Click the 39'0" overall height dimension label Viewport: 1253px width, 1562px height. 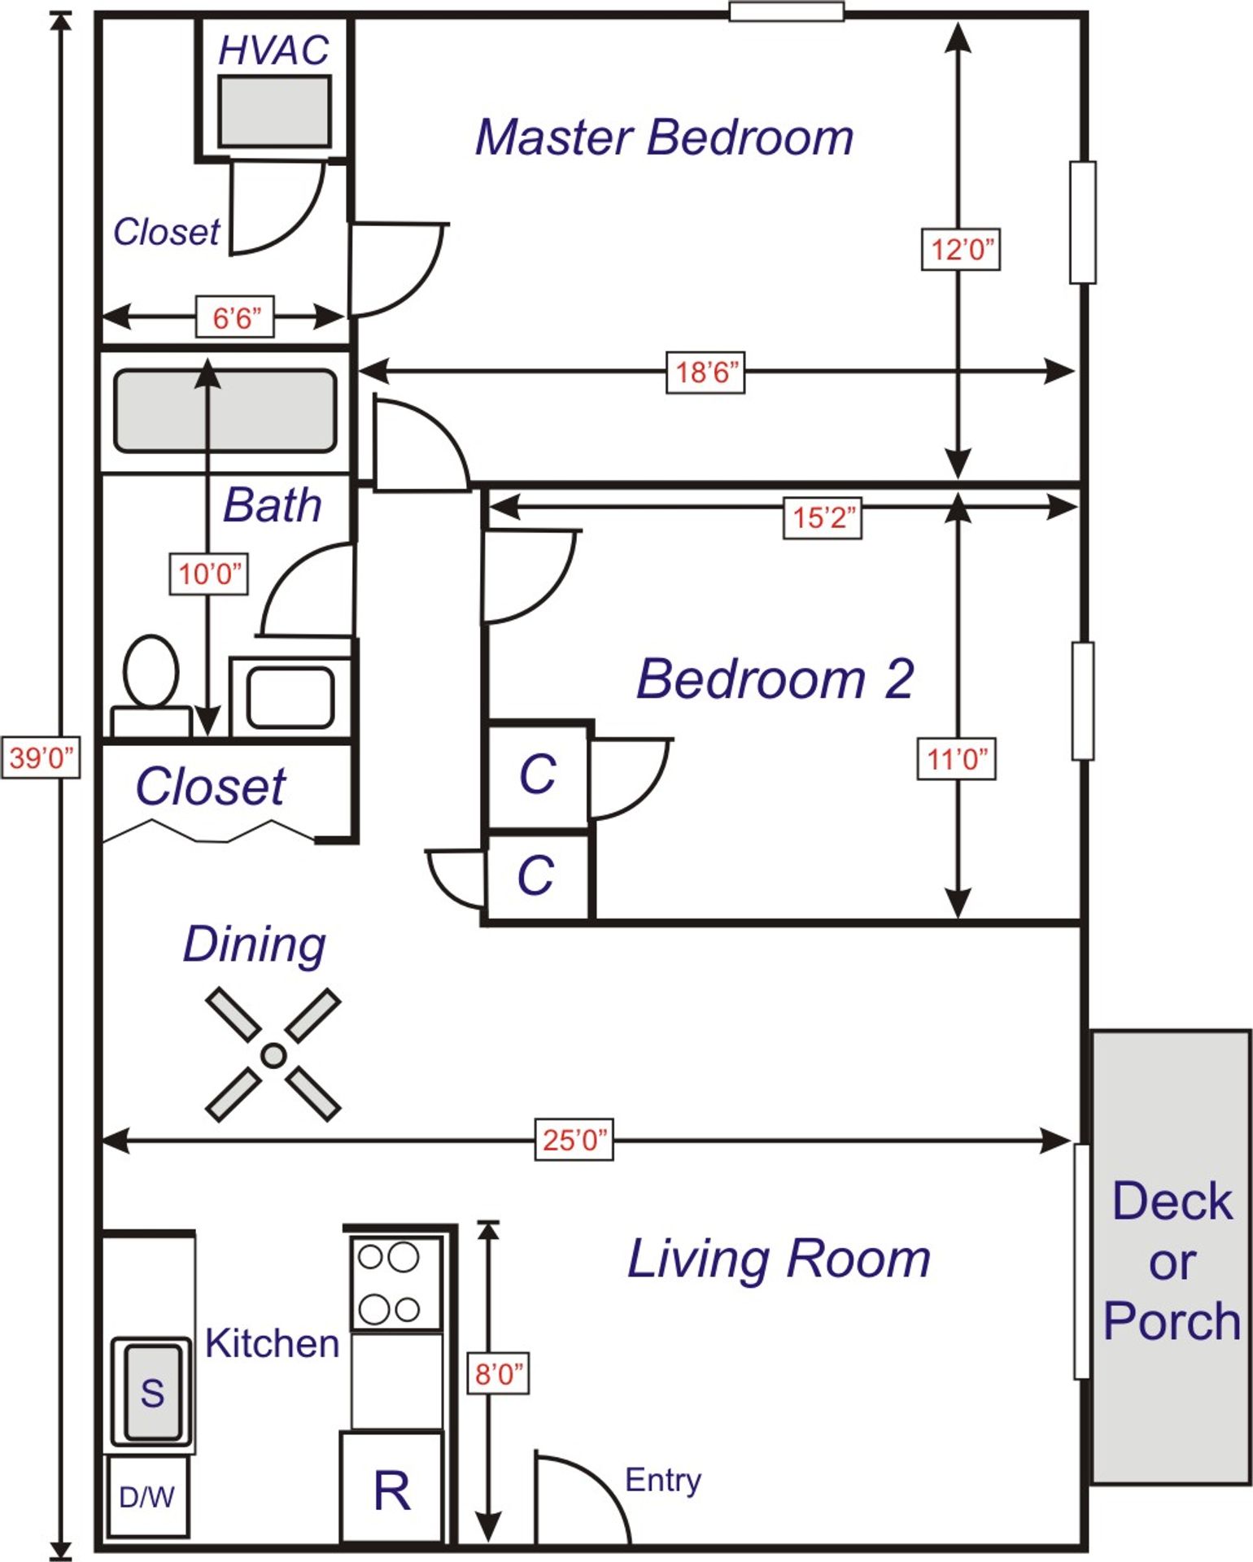pos(41,757)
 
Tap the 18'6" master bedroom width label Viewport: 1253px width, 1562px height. pos(705,373)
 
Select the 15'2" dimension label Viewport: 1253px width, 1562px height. pos(823,517)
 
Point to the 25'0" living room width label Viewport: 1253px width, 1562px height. pos(574,1140)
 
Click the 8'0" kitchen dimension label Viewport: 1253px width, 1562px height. pos(498,1374)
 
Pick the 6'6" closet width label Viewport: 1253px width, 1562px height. pos(235,317)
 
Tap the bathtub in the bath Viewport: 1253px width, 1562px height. pos(225,411)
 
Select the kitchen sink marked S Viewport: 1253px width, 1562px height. pos(152,1392)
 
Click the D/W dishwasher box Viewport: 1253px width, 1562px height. pos(147,1496)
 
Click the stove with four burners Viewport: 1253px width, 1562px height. pos(395,1283)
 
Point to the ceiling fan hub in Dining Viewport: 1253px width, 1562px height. pos(273,1055)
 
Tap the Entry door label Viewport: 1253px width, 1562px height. pos(662,1479)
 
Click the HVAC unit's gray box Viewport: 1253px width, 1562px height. pos(274,112)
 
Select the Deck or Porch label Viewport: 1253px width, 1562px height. pos(1172,1261)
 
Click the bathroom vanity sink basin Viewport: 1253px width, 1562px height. pos(290,697)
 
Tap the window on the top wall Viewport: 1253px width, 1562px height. pos(786,12)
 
